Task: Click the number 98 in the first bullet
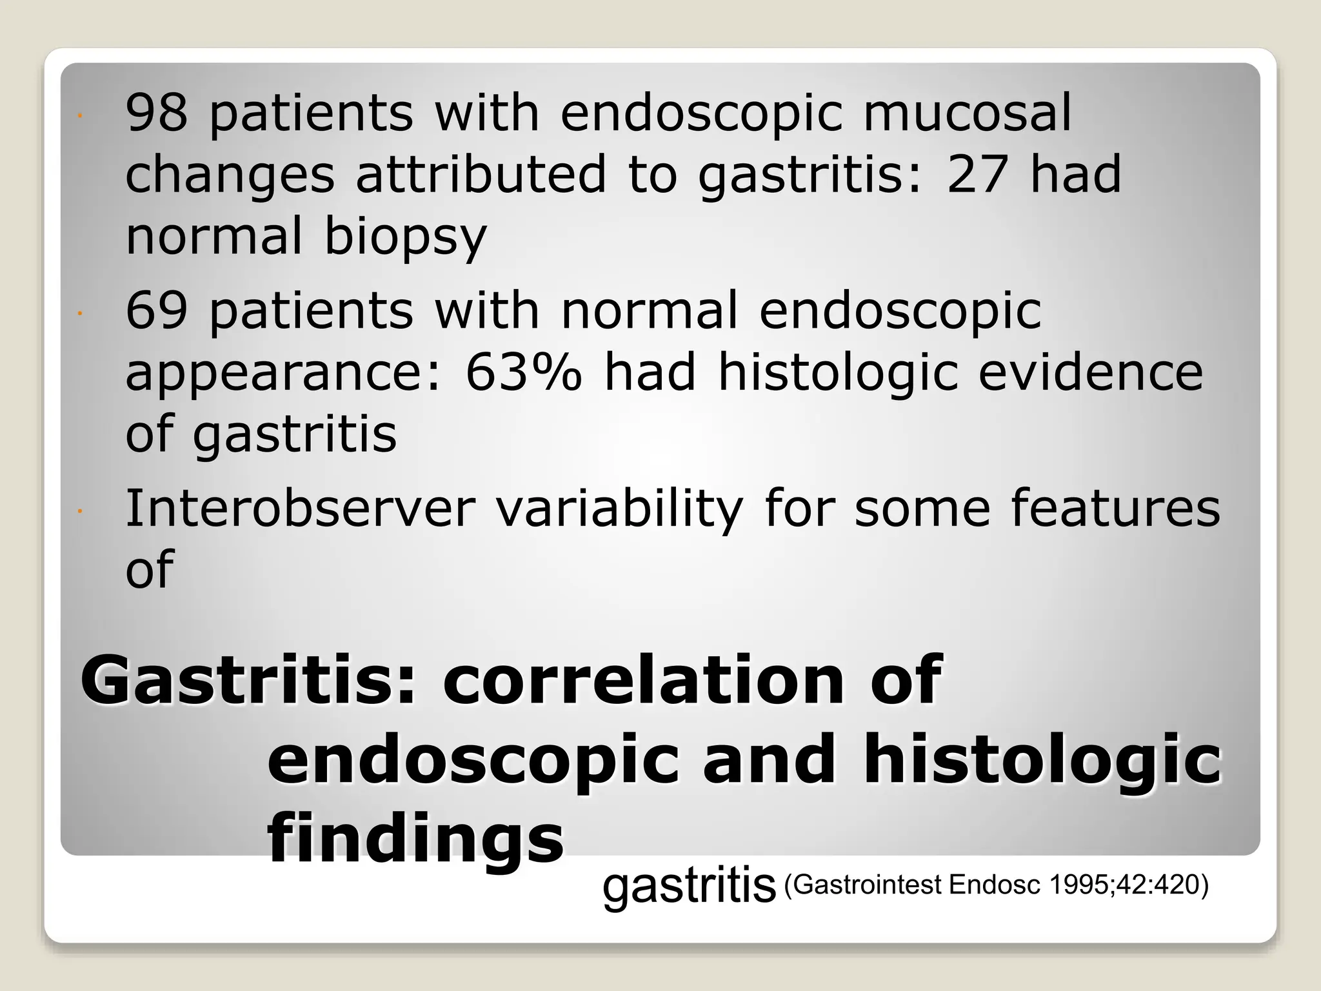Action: tap(157, 112)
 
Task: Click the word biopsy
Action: tap(405, 236)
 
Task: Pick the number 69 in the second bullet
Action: tap(157, 310)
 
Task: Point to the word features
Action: tap(1115, 508)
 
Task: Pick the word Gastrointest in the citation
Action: tap(868, 885)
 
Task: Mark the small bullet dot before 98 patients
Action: tap(78, 117)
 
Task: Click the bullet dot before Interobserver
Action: tap(78, 512)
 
